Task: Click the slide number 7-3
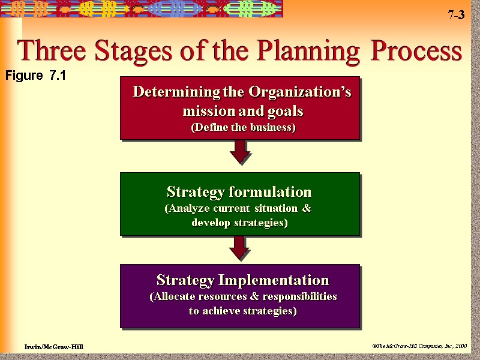(x=455, y=16)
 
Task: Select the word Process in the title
(x=417, y=52)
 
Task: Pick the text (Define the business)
(x=243, y=127)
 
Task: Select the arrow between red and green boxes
(x=240, y=152)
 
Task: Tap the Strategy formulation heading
(x=239, y=192)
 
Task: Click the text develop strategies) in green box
(x=239, y=223)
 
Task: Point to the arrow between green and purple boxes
(x=240, y=248)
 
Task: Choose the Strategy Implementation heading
(x=242, y=280)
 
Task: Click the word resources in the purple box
(x=229, y=296)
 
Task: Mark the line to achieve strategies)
(x=242, y=311)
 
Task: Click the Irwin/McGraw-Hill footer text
(x=53, y=347)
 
